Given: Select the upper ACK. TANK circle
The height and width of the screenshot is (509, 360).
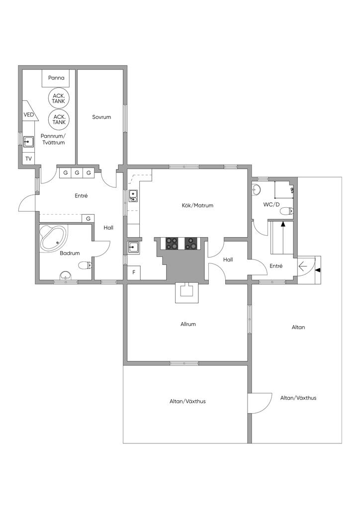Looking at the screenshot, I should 59,97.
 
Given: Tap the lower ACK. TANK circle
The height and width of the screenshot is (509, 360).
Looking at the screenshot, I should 59,119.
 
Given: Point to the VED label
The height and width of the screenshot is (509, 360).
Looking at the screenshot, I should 29,115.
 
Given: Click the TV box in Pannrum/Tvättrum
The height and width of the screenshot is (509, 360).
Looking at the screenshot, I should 28,159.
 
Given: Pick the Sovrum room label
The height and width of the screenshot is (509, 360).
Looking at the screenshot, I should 101,117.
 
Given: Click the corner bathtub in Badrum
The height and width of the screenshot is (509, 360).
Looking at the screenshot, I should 53,239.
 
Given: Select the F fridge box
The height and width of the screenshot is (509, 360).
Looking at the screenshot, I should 133,272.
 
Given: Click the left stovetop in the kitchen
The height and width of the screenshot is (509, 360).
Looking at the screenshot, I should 173,243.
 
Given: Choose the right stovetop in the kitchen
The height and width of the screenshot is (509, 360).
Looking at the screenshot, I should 191,243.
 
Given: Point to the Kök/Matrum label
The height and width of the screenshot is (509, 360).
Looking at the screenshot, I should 197,205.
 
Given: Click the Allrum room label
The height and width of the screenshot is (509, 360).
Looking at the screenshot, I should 188,324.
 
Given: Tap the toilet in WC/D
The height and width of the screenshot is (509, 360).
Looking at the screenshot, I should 286,212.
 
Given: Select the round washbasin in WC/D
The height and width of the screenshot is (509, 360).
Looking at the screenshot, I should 257,189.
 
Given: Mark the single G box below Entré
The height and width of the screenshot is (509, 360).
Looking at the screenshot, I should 89,218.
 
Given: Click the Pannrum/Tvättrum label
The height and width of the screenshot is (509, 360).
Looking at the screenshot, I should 53,139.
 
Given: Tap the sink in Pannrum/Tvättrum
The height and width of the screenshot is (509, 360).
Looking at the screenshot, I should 28,141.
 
